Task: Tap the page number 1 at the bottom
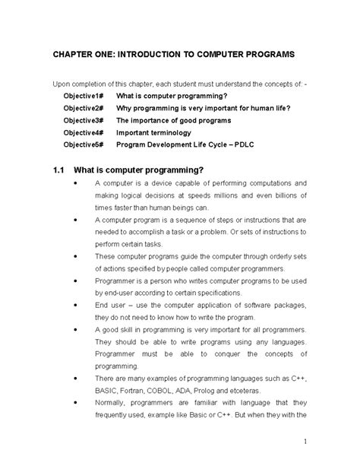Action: tap(304, 441)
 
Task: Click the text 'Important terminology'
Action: tap(153, 132)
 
